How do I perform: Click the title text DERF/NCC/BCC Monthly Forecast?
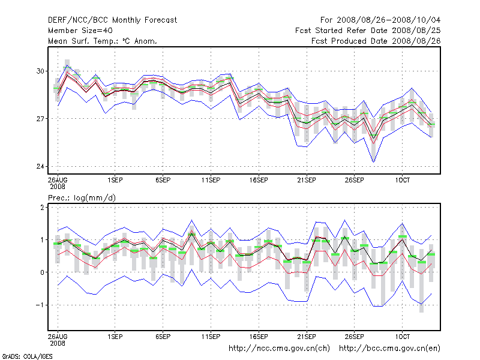click(x=112, y=20)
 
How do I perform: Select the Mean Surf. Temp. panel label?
click(x=102, y=41)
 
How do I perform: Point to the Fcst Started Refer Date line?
click(x=369, y=31)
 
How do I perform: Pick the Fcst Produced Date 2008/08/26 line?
click(x=377, y=41)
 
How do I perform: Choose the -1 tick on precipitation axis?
click(x=41, y=305)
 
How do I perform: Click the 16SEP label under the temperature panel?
click(x=258, y=179)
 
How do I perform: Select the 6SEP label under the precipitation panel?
click(x=163, y=336)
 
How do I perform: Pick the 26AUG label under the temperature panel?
click(x=58, y=179)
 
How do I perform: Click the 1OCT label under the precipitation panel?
click(x=402, y=336)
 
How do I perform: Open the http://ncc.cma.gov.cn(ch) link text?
click(x=280, y=347)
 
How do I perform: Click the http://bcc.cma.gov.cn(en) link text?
click(x=390, y=347)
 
